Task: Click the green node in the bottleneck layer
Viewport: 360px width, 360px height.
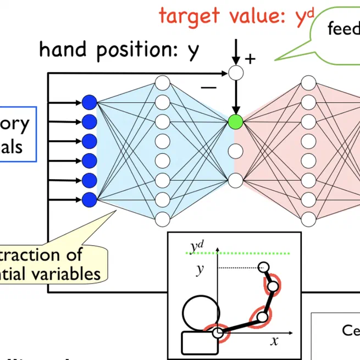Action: [236, 121]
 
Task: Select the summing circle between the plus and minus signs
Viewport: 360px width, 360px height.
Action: [236, 72]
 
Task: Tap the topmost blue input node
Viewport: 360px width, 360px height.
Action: [89, 102]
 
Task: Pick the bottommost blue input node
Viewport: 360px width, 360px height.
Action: [89, 199]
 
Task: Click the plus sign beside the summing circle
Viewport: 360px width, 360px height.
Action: [250, 58]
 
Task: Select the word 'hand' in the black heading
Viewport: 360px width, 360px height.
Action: [65, 50]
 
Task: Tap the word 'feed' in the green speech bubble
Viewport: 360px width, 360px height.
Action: [343, 29]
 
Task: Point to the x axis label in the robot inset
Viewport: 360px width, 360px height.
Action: [274, 341]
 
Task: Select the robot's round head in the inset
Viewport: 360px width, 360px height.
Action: [201, 312]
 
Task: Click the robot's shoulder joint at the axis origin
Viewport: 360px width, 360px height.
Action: [218, 333]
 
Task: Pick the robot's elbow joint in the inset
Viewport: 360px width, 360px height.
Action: [262, 317]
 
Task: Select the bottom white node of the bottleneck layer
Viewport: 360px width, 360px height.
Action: [236, 180]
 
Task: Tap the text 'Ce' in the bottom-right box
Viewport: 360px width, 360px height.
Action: [350, 330]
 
